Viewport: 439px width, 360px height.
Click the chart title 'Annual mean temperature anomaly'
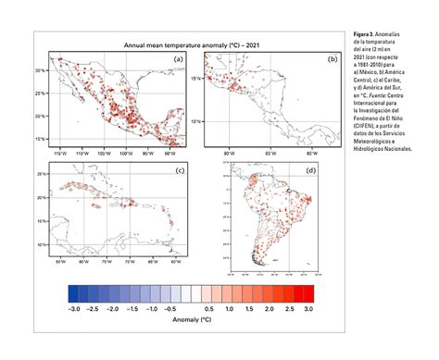tap(176, 44)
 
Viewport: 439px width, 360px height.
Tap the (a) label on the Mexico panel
tap(178, 59)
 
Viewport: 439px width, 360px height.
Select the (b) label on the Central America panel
tap(332, 59)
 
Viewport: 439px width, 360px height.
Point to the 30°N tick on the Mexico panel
tap(41, 69)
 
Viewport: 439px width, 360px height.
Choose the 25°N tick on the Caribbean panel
tap(41, 174)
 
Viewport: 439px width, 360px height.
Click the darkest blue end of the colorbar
tap(72, 293)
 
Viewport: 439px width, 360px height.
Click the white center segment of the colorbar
tap(191, 293)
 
